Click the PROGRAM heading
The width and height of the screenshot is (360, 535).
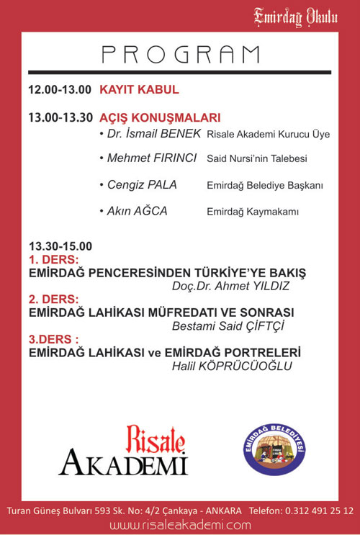click(x=180, y=53)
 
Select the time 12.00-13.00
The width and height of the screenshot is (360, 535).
click(x=60, y=90)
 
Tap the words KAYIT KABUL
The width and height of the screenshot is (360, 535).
click(x=139, y=90)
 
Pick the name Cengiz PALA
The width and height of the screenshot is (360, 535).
click(x=141, y=185)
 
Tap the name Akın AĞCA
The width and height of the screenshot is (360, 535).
click(x=136, y=211)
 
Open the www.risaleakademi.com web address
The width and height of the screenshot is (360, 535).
click(x=180, y=526)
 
